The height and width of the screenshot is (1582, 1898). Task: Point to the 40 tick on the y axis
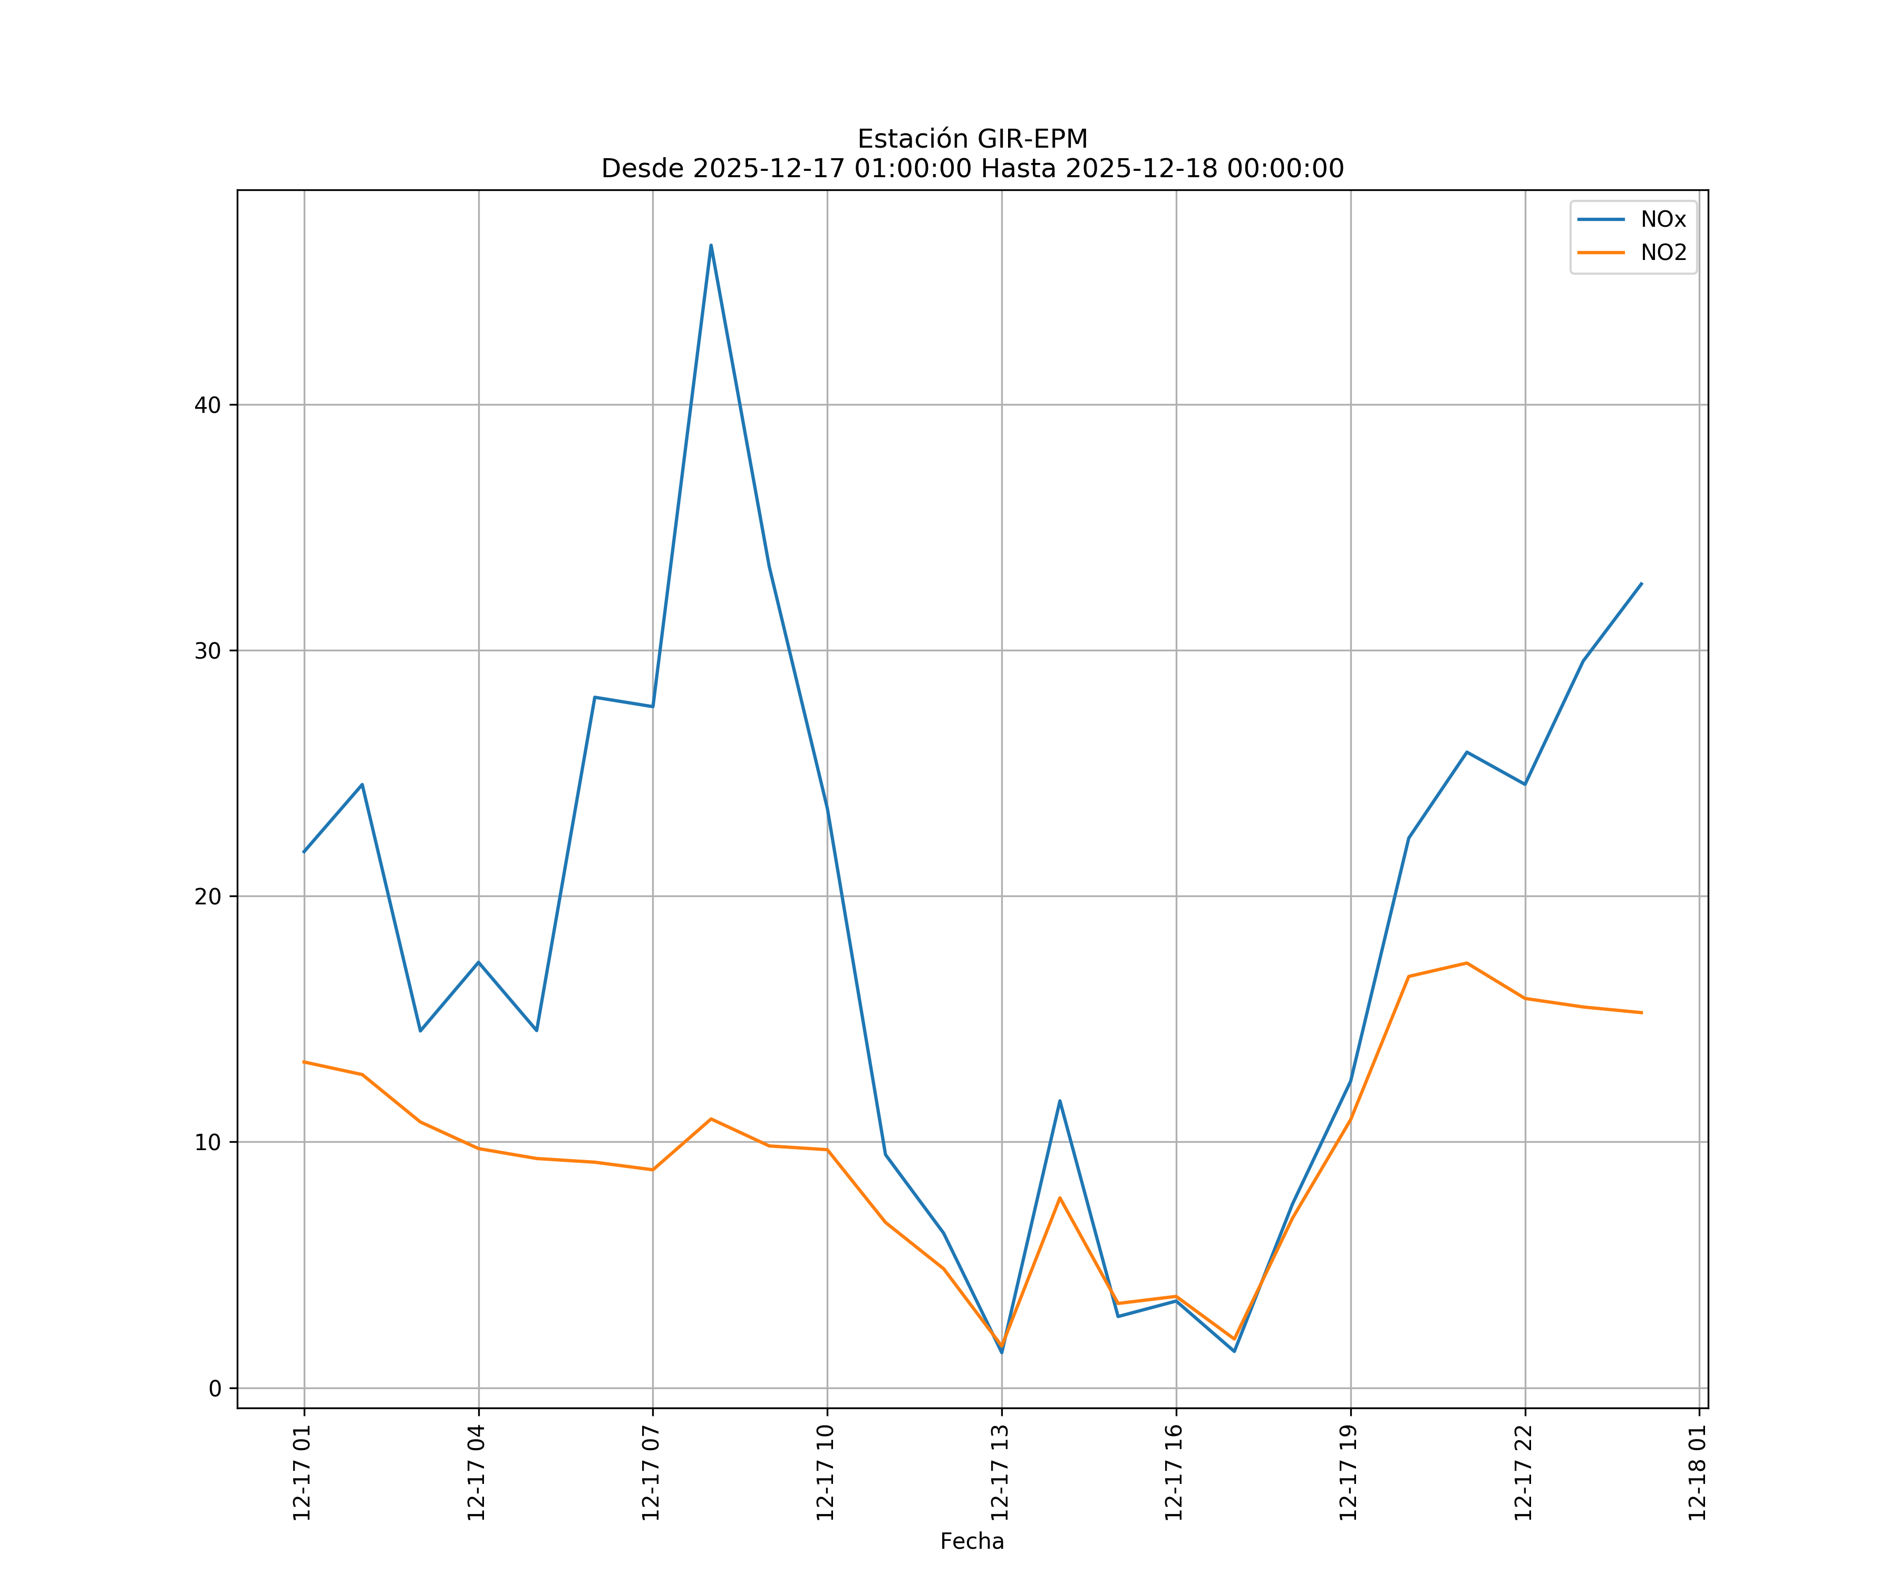click(207, 405)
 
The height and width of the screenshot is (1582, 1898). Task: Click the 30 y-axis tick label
click(207, 651)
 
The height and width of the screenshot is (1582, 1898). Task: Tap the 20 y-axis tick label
click(207, 897)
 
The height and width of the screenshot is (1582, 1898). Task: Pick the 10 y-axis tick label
click(207, 1143)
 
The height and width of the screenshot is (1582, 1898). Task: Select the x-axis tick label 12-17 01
click(302, 1473)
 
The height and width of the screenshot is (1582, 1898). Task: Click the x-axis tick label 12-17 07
click(651, 1473)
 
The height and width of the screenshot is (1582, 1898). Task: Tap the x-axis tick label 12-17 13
click(1000, 1473)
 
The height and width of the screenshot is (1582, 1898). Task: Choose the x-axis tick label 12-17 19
click(1349, 1473)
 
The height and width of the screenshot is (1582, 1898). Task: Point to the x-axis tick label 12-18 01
click(1697, 1473)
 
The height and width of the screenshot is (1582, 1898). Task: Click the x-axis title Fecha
click(972, 1541)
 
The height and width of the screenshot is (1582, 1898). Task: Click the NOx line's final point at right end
click(1641, 583)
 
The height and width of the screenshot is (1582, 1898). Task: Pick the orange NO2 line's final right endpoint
click(1641, 1012)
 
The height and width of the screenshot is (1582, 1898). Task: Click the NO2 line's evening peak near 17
click(1466, 963)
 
